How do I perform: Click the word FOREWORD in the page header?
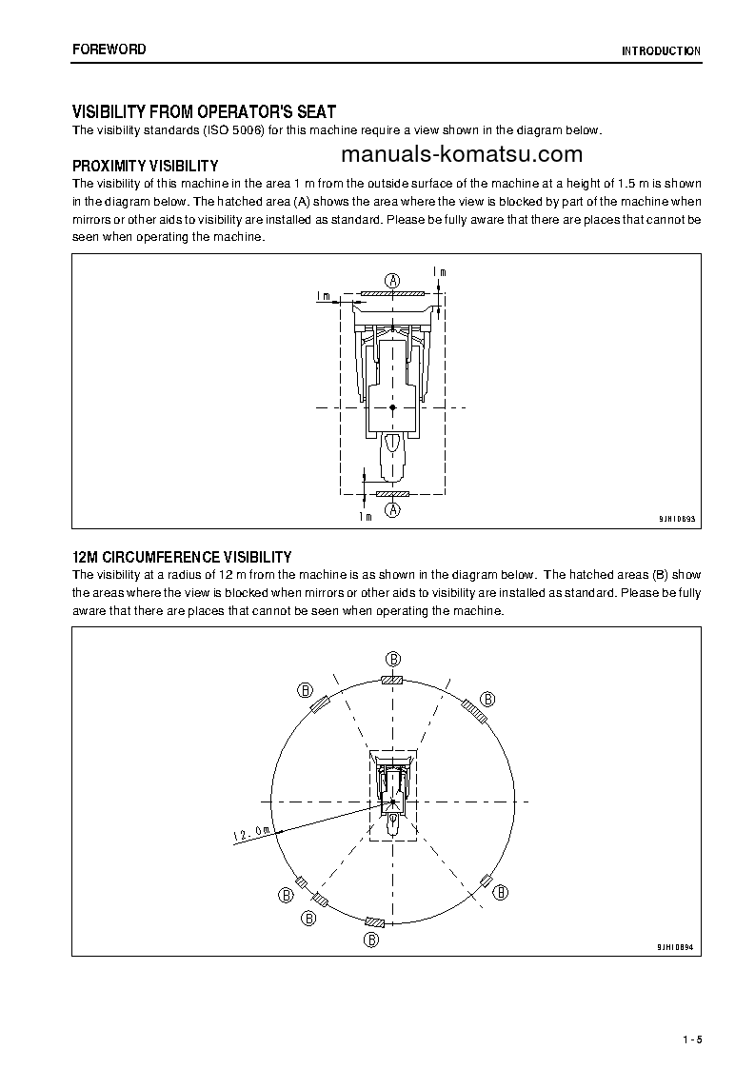[109, 49]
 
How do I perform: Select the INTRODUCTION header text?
[661, 51]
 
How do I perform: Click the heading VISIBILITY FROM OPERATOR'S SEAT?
[204, 112]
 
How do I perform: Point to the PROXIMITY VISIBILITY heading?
[145, 166]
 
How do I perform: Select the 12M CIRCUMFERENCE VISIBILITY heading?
[182, 557]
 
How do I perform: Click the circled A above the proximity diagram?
[392, 279]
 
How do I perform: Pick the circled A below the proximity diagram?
[392, 511]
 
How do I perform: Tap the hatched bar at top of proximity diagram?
[392, 294]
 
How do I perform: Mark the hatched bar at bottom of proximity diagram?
[392, 495]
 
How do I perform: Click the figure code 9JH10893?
[677, 519]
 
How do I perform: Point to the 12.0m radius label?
[251, 834]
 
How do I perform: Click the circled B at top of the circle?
[392, 659]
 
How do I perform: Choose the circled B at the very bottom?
[372, 940]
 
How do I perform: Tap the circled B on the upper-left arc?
[306, 689]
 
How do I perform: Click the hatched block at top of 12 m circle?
[392, 680]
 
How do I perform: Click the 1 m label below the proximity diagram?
[365, 516]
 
